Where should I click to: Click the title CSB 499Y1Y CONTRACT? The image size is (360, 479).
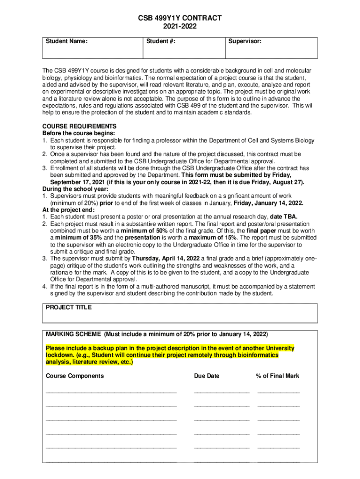[180, 18]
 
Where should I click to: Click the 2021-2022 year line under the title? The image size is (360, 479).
[180, 27]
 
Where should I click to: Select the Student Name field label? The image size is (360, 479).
[67, 42]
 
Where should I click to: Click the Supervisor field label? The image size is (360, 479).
[245, 42]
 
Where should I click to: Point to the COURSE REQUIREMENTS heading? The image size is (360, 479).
[79, 126]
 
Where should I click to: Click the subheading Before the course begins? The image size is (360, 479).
[72, 133]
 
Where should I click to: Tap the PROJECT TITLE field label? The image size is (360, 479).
[69, 307]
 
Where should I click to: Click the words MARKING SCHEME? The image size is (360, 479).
[73, 334]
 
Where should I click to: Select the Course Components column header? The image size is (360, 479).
[75, 376]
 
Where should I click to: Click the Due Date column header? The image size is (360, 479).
[206, 376]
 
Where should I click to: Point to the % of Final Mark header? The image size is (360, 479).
[277, 376]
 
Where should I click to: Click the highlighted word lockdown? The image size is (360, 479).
[60, 355]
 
